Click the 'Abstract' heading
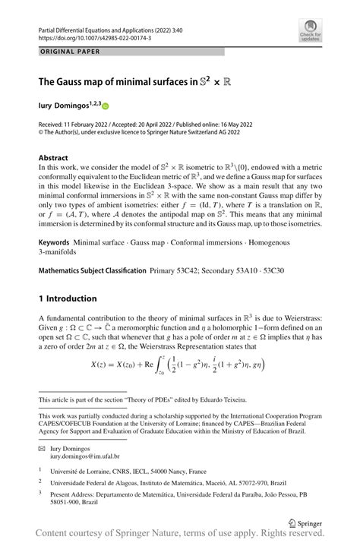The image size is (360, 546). click(x=54, y=159)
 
